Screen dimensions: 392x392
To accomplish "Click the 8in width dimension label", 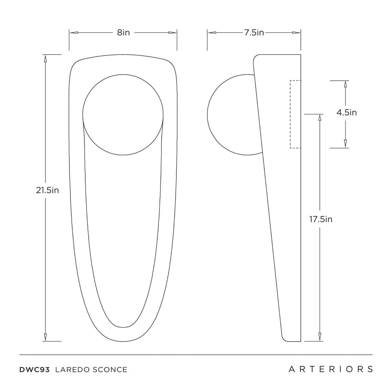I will tap(123, 33).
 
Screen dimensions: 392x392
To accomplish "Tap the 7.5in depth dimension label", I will tap(254, 33).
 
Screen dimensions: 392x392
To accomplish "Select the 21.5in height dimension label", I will tap(47, 190).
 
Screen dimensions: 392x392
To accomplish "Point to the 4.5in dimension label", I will tap(346, 113).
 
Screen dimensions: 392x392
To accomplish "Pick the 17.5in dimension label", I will tap(321, 219).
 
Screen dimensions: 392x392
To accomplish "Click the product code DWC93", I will tap(35, 370).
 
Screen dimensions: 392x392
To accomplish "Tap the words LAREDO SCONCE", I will tap(91, 370).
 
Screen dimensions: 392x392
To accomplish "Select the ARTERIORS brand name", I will tap(331, 369).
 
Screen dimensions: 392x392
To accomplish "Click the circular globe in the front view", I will tap(123, 115).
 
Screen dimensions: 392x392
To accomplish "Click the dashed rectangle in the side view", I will tap(295, 114).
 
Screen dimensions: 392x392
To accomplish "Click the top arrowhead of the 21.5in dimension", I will tap(45, 58).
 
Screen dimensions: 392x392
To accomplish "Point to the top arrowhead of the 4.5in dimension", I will tap(345, 84).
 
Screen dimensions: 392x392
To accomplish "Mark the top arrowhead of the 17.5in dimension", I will tap(320, 118).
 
